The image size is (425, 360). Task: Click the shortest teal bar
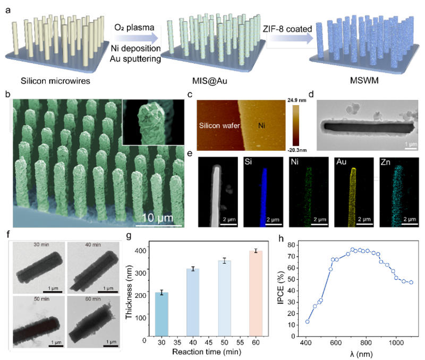[161, 314]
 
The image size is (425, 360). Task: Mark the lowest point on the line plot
[307, 321]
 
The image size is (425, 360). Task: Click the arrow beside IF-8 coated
[288, 38]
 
